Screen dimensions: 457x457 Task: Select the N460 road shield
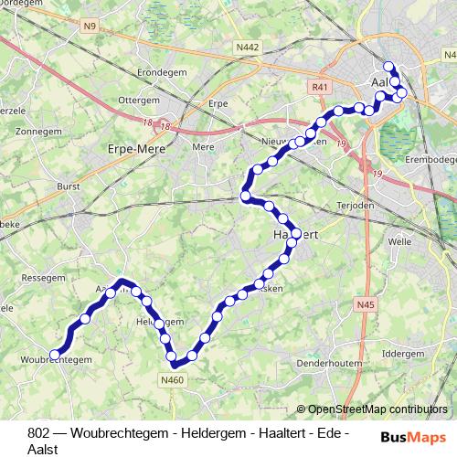pyautogui.click(x=171, y=380)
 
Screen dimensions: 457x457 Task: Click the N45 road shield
pyautogui.click(x=366, y=304)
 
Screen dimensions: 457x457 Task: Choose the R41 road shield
pyautogui.click(x=319, y=87)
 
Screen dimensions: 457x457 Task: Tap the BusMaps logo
pyautogui.click(x=413, y=437)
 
